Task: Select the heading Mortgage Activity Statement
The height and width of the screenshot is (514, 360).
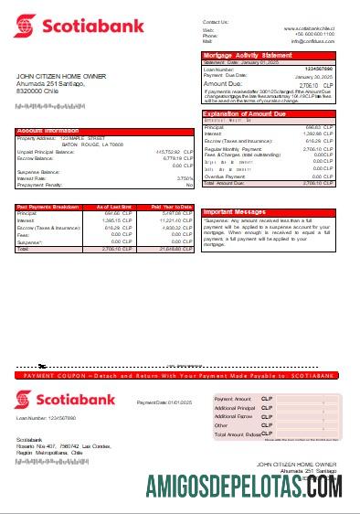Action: click(x=241, y=56)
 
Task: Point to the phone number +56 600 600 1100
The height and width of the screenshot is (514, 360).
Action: click(x=316, y=35)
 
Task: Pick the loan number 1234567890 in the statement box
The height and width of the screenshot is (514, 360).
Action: click(x=319, y=69)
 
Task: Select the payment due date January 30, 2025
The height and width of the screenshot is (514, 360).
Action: click(x=319, y=75)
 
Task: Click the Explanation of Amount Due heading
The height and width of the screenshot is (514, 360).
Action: click(x=244, y=113)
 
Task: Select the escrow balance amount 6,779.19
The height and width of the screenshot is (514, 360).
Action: click(x=173, y=157)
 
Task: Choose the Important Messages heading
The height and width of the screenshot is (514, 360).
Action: click(x=236, y=211)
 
